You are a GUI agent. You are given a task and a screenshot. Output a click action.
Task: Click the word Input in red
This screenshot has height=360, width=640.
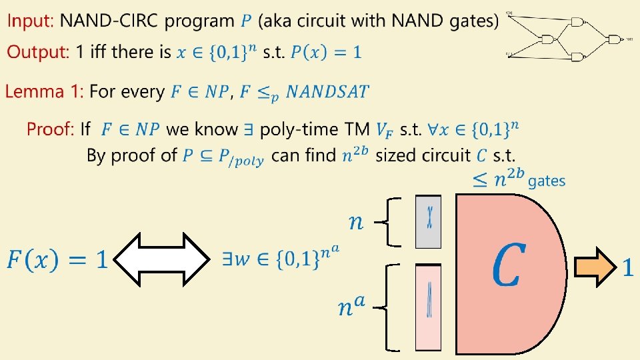click(29, 21)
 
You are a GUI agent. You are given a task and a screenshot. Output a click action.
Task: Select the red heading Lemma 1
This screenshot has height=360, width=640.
click(44, 91)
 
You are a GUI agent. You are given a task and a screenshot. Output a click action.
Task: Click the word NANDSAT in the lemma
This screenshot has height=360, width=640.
click(327, 91)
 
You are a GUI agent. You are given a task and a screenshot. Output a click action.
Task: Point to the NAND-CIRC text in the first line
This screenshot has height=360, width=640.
click(109, 21)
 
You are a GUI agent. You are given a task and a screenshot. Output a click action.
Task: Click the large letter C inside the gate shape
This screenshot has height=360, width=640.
click(507, 265)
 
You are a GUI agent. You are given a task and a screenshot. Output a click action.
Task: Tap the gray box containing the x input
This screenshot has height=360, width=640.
click(429, 221)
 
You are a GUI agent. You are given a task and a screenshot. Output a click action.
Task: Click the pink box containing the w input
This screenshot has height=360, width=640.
click(429, 307)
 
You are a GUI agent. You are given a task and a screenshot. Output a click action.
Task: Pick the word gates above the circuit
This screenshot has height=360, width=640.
click(547, 181)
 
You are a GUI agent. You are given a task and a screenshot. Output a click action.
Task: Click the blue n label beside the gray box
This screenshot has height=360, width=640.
click(357, 221)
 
